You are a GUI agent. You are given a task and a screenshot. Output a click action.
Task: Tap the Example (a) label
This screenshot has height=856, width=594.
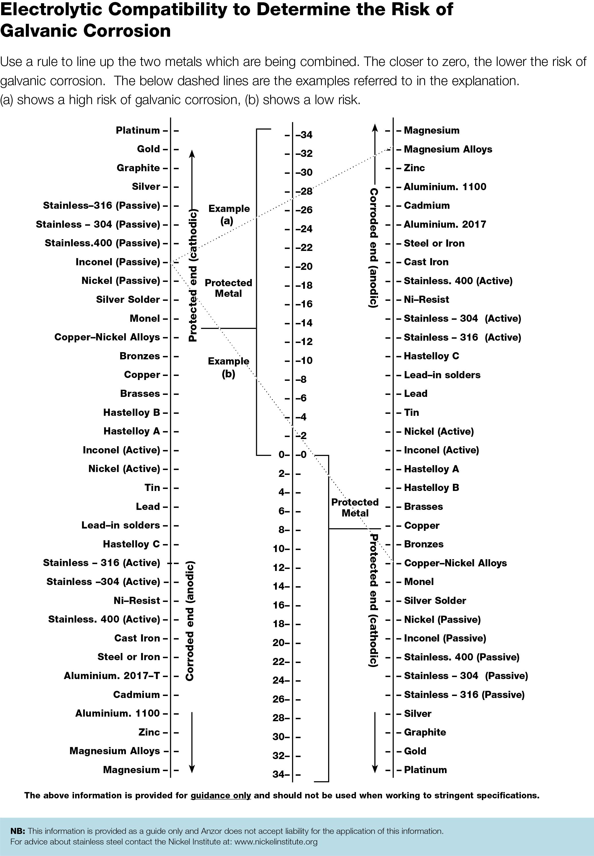229,215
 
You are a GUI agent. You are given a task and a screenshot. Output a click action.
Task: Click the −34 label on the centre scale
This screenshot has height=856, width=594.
304,135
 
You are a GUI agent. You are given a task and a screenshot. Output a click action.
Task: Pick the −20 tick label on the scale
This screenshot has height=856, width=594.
304,266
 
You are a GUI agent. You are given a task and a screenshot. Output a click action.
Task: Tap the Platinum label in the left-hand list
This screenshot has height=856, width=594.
138,130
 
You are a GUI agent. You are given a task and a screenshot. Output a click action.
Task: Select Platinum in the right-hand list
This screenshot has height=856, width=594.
425,770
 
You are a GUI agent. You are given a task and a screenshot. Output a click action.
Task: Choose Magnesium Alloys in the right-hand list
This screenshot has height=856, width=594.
448,149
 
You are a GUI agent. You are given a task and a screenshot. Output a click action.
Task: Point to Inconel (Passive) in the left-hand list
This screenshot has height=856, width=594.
118,262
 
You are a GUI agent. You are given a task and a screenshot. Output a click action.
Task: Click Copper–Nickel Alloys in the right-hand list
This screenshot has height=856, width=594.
455,563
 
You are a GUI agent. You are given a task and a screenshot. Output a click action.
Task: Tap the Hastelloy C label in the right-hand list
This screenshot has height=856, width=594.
431,356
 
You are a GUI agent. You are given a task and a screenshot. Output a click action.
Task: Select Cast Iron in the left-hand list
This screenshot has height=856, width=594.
137,638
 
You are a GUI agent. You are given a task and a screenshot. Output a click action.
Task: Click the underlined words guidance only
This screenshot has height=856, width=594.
221,796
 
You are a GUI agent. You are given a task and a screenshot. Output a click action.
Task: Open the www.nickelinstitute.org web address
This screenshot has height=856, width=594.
276,841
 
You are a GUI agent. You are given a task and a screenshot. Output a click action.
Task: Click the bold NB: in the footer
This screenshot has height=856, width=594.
17,831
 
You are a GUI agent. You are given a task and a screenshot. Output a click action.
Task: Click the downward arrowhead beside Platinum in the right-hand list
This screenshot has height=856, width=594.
375,769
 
